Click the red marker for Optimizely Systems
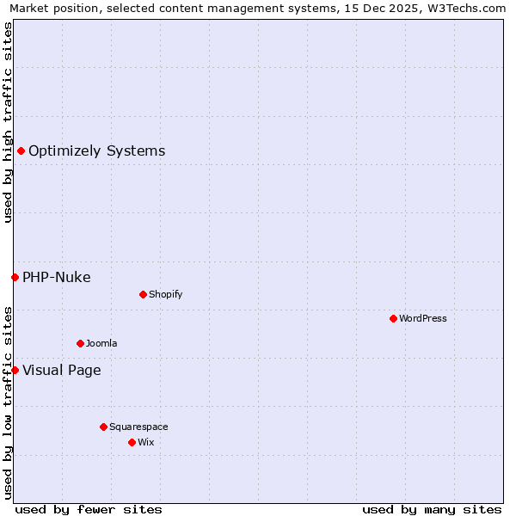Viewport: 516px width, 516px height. tap(21, 151)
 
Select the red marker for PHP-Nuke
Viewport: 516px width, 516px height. tap(15, 277)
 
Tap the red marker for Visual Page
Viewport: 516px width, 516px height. tap(15, 370)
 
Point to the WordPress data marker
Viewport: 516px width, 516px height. tap(393, 318)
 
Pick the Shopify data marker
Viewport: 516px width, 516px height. tap(143, 294)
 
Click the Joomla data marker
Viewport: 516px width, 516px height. tap(80, 343)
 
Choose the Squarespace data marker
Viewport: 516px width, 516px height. tap(103, 427)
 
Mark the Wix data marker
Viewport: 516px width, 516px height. tap(132, 442)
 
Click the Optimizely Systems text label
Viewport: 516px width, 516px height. tap(96, 151)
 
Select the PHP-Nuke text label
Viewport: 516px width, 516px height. tap(57, 277)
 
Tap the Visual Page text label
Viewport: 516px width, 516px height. tap(62, 371)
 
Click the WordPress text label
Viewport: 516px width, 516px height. tap(423, 318)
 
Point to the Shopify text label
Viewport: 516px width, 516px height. tap(166, 294)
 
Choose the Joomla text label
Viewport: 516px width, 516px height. tap(101, 343)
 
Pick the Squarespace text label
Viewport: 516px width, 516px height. tap(138, 427)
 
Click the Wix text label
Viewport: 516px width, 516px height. tap(146, 442)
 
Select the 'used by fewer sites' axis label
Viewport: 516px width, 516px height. tap(89, 509)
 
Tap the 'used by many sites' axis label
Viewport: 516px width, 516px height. tap(432, 509)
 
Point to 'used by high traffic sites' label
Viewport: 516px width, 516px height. tap(8, 122)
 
